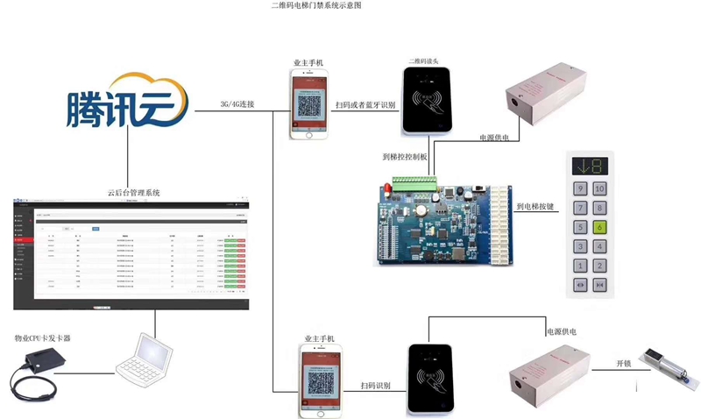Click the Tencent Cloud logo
pos(128,103)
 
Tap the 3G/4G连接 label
pos(237,105)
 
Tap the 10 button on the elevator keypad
pos(599,188)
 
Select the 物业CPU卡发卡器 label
pos(42,337)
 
